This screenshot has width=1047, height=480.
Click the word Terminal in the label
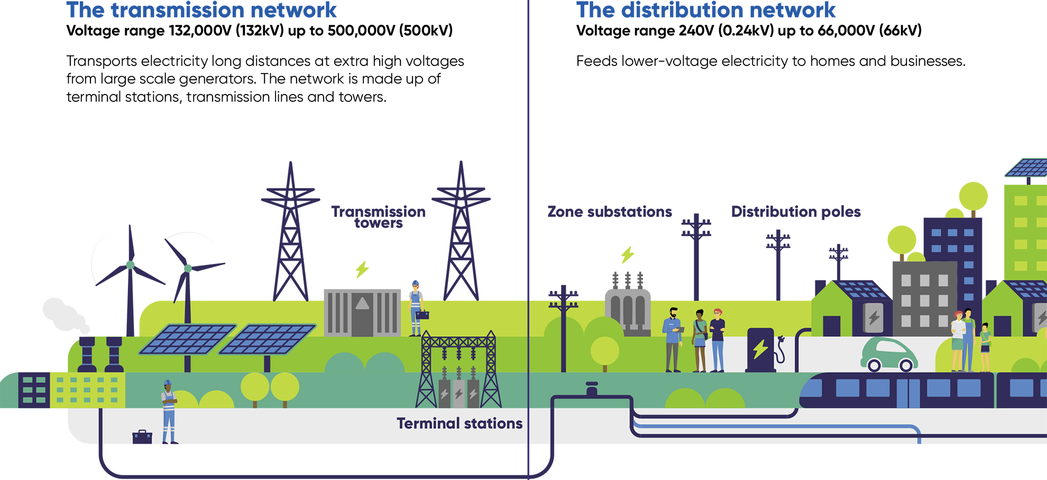[428, 423]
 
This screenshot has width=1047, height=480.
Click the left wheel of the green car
[874, 365]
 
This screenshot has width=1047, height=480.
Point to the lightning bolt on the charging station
[760, 349]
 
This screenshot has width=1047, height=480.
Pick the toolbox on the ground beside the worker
[142, 444]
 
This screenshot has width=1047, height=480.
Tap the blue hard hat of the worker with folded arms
[168, 383]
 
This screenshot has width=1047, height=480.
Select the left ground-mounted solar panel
[187, 339]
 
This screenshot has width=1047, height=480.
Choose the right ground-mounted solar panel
[268, 339]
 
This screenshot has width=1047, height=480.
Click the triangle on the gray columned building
[362, 303]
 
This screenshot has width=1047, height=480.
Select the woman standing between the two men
[700, 341]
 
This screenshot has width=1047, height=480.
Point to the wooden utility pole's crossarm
[564, 305]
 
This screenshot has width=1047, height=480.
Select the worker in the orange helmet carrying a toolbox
[416, 309]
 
